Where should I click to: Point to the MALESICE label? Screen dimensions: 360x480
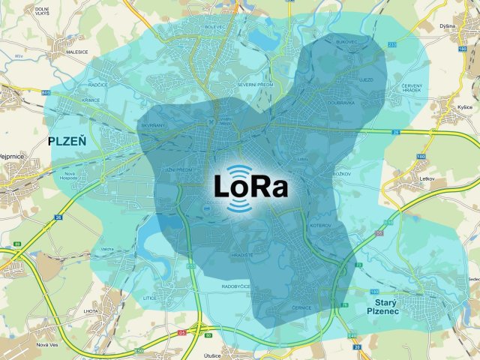click(76, 52)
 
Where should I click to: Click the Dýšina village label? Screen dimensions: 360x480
click(448, 26)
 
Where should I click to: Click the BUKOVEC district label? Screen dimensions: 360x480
click(347, 41)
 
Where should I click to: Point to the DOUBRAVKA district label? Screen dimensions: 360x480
click(340, 103)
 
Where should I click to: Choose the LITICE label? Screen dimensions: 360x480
click(149, 298)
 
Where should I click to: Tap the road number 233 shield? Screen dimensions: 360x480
click(391, 46)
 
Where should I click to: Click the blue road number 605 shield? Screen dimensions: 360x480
click(46, 92)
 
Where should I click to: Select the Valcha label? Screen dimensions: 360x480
click(107, 249)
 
